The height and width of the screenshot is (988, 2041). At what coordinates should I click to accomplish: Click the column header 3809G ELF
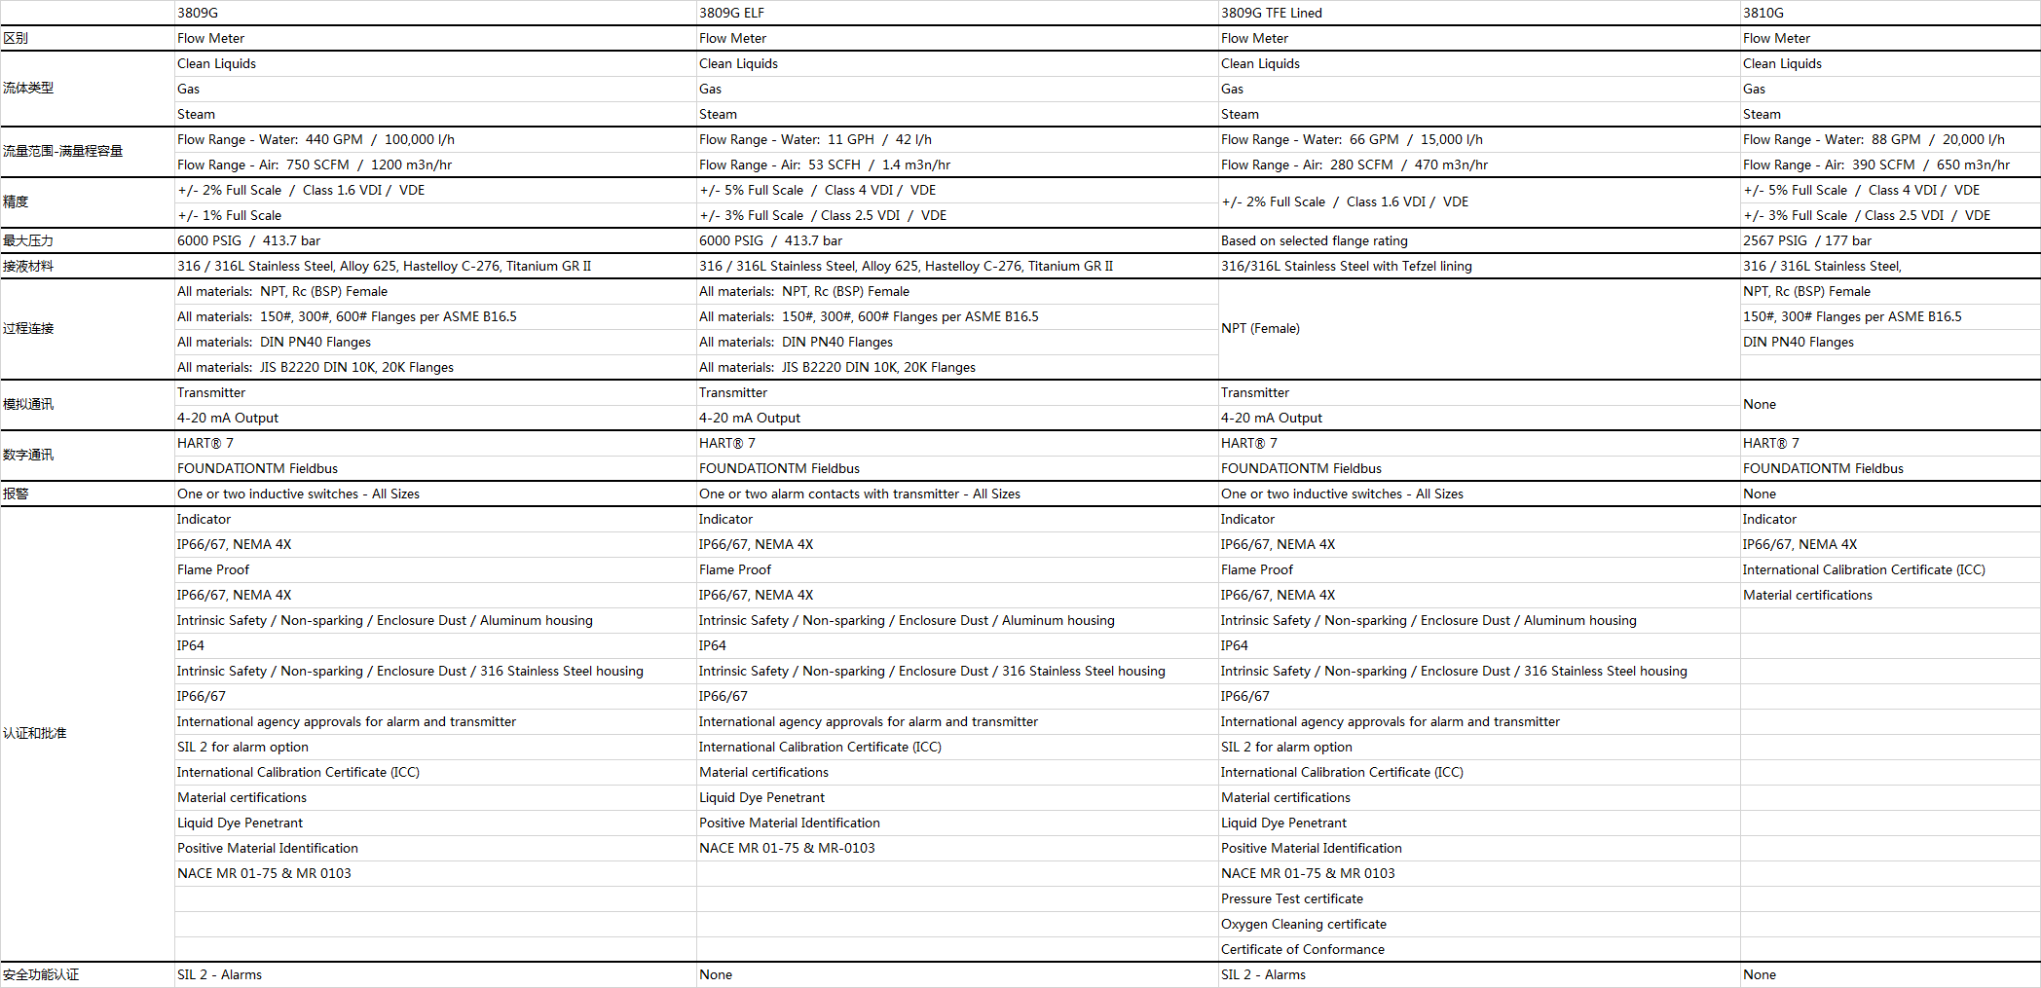pyautogui.click(x=731, y=13)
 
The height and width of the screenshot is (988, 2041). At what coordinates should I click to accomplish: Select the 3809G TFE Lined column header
pyautogui.click(x=1271, y=13)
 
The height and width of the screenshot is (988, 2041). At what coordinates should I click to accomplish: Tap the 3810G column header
pyautogui.click(x=1763, y=13)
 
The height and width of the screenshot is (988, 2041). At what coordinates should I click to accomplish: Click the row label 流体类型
pyautogui.click(x=28, y=88)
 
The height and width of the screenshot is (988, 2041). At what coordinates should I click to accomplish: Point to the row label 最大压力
pyautogui.click(x=28, y=240)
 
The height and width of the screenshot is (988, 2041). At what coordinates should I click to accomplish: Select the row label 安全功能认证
pyautogui.click(x=41, y=974)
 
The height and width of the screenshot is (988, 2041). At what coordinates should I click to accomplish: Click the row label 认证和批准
pyautogui.click(x=35, y=733)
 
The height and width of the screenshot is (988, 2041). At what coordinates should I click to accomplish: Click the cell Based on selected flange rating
pyautogui.click(x=1314, y=240)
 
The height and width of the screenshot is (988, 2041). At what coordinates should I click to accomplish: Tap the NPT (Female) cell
pyautogui.click(x=1260, y=328)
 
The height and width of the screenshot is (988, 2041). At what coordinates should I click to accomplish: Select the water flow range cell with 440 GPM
pyautogui.click(x=315, y=139)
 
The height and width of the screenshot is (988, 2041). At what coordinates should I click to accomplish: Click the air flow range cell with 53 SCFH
pyautogui.click(x=824, y=165)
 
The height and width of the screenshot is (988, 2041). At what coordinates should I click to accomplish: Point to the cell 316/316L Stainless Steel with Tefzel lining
pyautogui.click(x=1346, y=266)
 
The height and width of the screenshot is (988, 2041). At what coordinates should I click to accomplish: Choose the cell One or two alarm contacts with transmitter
pyautogui.click(x=859, y=494)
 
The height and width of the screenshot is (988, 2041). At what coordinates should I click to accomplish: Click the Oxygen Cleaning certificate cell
pyautogui.click(x=1303, y=924)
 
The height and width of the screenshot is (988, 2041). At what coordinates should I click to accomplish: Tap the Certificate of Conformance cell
pyautogui.click(x=1302, y=949)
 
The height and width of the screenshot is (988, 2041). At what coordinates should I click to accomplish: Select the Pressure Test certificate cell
pyautogui.click(x=1291, y=898)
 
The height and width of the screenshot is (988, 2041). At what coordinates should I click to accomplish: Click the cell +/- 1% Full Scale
pyautogui.click(x=229, y=215)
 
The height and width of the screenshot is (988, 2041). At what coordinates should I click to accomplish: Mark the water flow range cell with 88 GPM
pyautogui.click(x=1873, y=139)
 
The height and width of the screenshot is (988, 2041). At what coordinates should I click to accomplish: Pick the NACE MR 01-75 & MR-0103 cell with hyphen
pyautogui.click(x=787, y=848)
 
